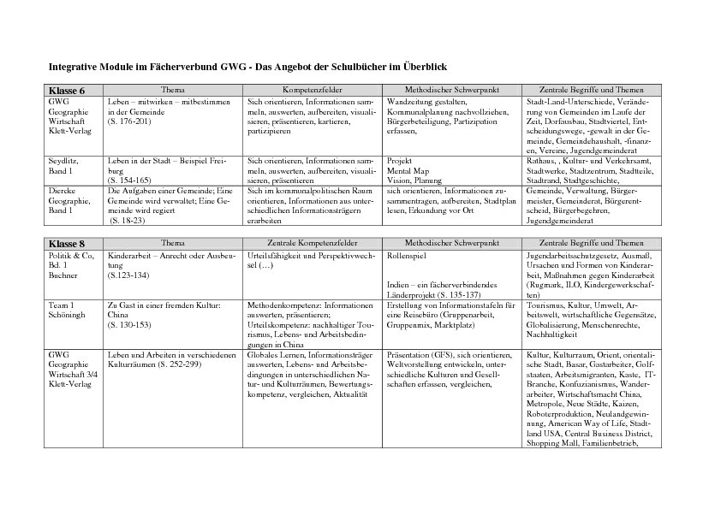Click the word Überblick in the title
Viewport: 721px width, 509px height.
[423, 66]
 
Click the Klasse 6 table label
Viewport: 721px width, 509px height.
[67, 91]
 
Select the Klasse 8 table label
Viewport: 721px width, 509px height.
[67, 244]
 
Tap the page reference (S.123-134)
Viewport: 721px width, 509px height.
[128, 275]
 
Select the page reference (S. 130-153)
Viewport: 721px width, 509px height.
[130, 324]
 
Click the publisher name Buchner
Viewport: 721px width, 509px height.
[63, 275]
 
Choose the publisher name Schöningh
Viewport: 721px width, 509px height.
[68, 314]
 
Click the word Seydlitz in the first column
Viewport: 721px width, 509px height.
[63, 160]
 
